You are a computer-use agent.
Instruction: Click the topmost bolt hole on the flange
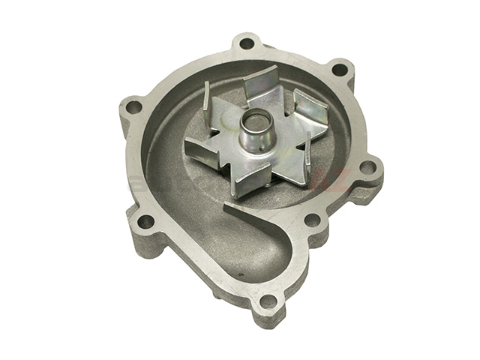point(246,43)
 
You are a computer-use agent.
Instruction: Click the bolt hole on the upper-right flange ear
point(338,70)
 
